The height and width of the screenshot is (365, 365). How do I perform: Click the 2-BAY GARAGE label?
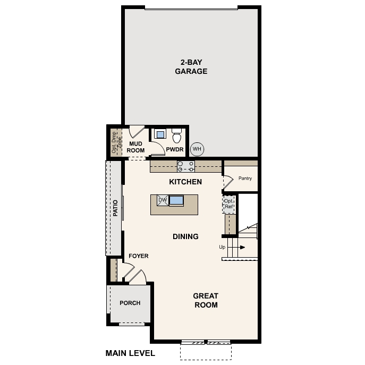click(191, 67)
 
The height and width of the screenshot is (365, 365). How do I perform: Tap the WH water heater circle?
click(197, 149)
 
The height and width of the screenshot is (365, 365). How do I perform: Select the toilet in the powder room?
click(177, 135)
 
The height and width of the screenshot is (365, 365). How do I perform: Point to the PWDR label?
click(175, 150)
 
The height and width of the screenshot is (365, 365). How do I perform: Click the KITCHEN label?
click(185, 182)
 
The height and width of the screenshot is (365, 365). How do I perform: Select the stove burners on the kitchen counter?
click(186, 166)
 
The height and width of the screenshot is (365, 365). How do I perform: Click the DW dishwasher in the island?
click(163, 200)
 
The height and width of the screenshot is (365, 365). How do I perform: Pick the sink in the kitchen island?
click(176, 200)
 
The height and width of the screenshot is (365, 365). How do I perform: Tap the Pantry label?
click(245, 179)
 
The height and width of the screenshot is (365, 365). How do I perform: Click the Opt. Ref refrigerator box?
click(229, 204)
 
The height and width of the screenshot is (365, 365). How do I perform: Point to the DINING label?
click(185, 236)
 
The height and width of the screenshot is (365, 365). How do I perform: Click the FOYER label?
click(139, 256)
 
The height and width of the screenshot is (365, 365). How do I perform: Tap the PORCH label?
click(130, 303)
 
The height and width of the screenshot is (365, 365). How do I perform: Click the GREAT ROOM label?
click(205, 300)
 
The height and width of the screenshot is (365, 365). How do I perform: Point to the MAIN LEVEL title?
click(130, 353)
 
